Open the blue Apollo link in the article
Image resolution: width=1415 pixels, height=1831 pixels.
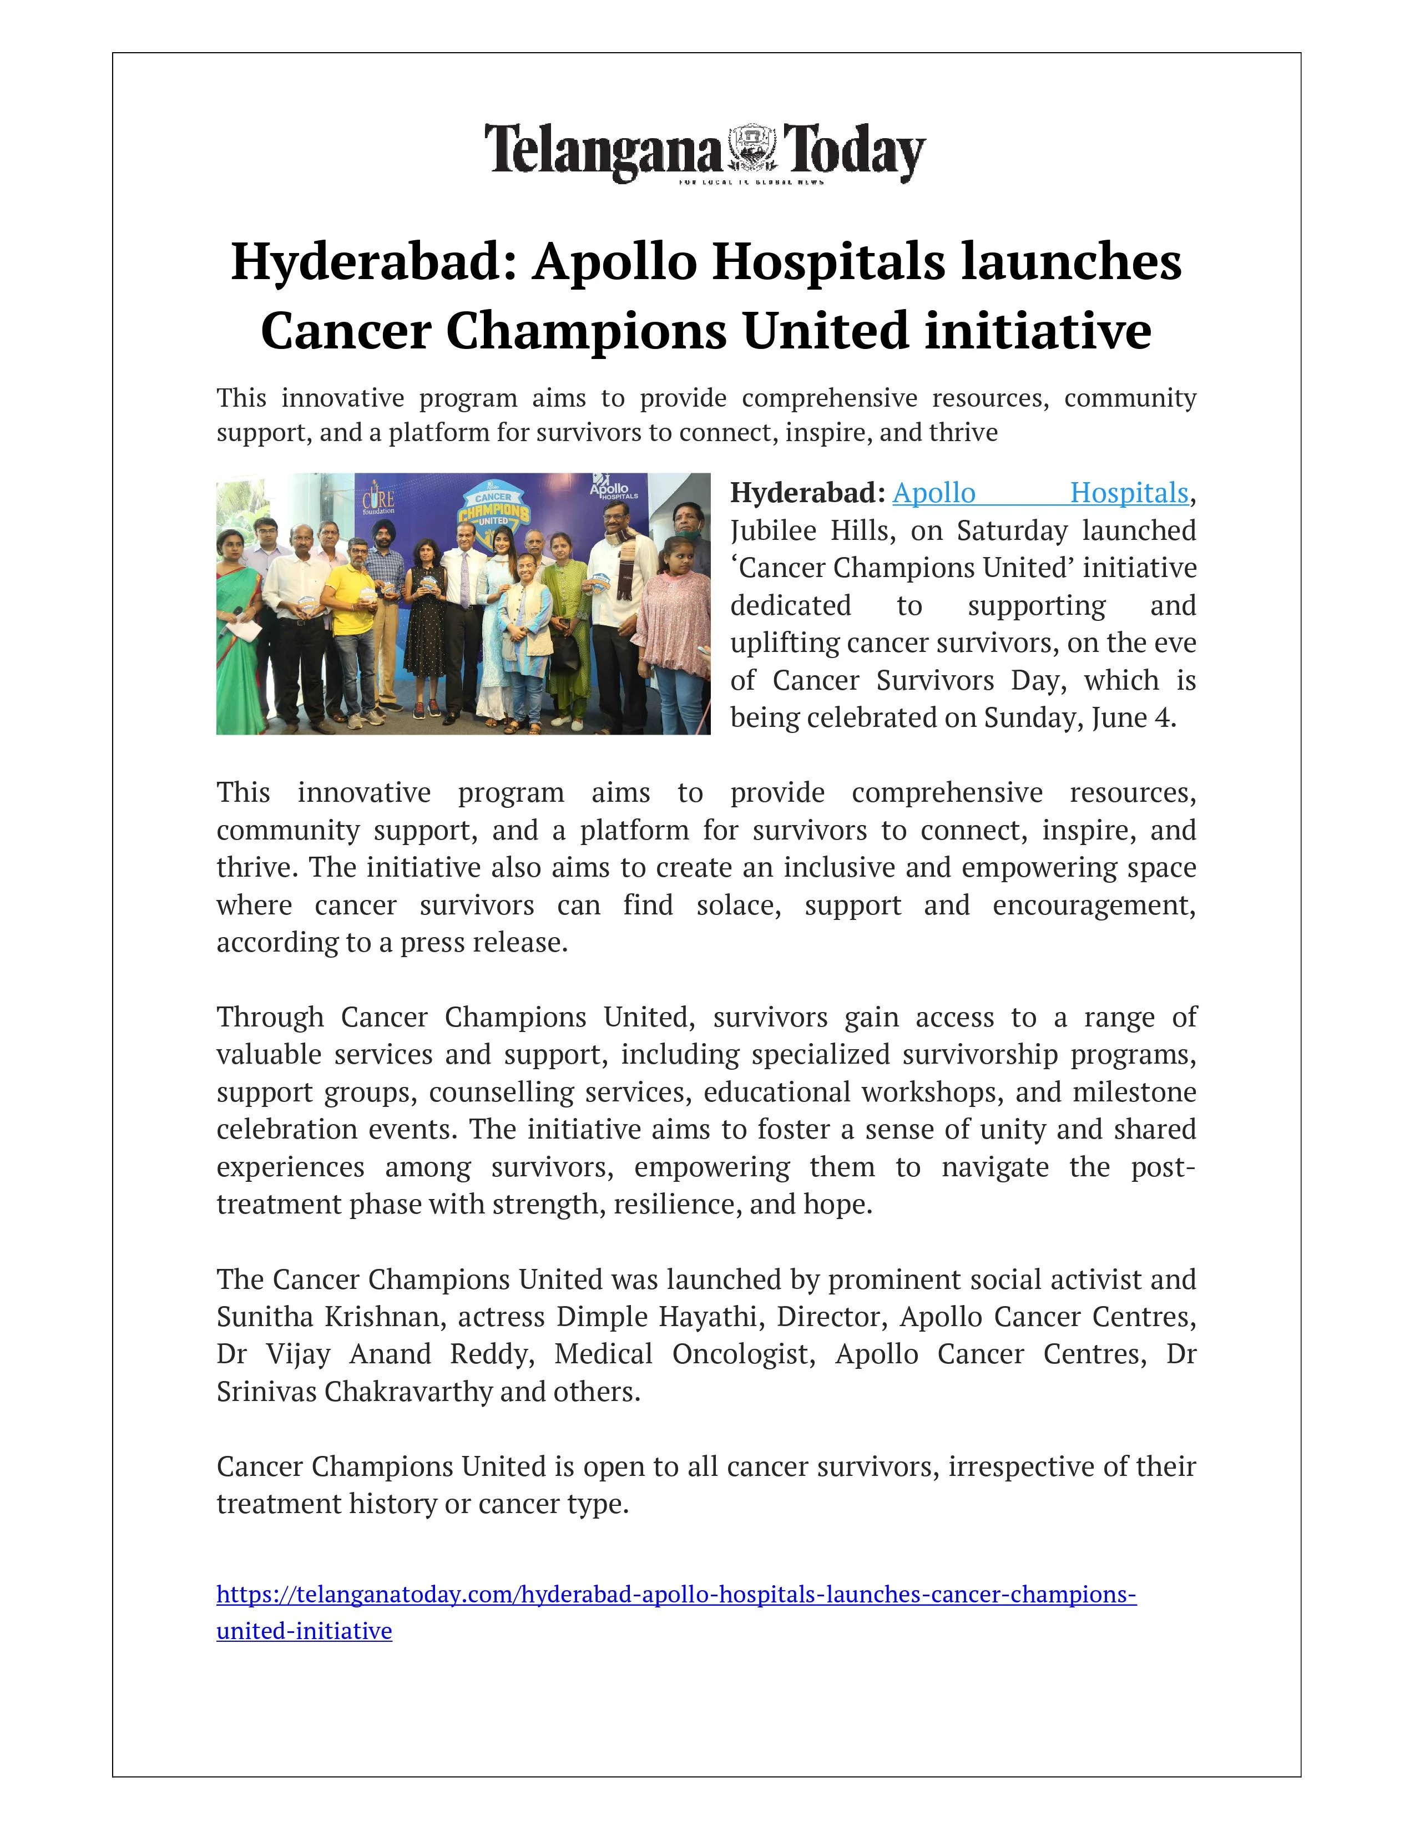pyautogui.click(x=933, y=493)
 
